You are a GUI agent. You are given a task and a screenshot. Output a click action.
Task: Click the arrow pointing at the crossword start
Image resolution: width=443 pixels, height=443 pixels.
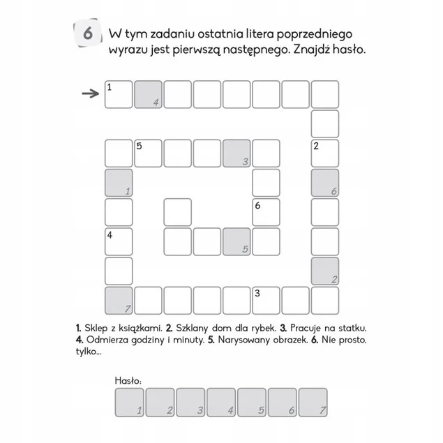point(91,93)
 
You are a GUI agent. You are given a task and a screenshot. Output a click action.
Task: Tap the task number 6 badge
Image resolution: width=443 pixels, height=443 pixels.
point(88,33)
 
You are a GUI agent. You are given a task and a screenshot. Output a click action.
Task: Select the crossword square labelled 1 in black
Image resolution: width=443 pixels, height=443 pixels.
point(119,94)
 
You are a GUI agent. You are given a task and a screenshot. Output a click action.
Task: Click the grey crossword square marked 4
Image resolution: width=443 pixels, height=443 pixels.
point(148,94)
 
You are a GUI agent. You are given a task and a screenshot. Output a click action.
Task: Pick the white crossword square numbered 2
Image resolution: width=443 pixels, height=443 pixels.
point(325,153)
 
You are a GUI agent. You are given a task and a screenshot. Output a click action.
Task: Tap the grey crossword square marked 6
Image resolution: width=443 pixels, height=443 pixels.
point(325,183)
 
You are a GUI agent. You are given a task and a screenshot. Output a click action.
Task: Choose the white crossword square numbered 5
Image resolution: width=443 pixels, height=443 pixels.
point(148,153)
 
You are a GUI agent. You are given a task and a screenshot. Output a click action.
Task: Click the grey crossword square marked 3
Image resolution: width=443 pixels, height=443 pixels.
point(236,153)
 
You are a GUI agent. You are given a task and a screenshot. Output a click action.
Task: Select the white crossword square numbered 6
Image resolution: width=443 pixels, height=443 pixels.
point(266,212)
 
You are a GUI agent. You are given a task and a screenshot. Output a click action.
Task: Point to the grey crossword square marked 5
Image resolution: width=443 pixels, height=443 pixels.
point(236,241)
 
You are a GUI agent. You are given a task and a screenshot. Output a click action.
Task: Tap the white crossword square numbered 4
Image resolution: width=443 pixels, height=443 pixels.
point(119,241)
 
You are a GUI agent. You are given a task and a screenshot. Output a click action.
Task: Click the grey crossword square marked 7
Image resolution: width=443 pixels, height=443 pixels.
point(119,301)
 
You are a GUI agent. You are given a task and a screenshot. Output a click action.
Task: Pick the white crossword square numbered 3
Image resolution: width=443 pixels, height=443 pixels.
point(266,301)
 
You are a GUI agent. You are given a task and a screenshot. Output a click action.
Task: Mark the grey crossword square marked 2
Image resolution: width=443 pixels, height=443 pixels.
point(325,271)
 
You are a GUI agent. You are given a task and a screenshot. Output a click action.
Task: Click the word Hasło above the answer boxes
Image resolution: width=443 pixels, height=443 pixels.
point(128,381)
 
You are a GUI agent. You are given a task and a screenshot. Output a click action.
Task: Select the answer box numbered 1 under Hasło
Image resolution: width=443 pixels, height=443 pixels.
point(129,403)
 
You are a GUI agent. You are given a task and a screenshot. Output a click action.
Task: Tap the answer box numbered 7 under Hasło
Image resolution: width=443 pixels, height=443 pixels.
point(313,403)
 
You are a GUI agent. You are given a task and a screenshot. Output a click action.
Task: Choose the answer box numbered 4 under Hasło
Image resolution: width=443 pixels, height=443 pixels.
point(221,403)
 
